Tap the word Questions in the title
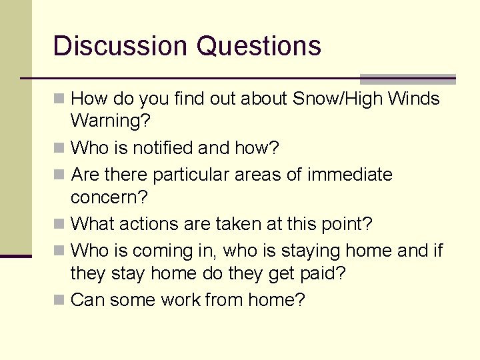pyautogui.click(x=259, y=46)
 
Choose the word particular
pyautogui.click(x=191, y=175)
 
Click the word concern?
pyautogui.click(x=109, y=198)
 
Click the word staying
pyautogui.click(x=319, y=251)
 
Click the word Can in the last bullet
pyautogui.click(x=87, y=300)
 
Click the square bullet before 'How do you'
pyautogui.click(x=60, y=99)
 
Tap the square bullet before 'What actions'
pyautogui.click(x=60, y=223)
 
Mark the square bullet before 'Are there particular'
pyautogui.click(x=60, y=175)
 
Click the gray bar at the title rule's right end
pyautogui.click(x=407, y=79)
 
